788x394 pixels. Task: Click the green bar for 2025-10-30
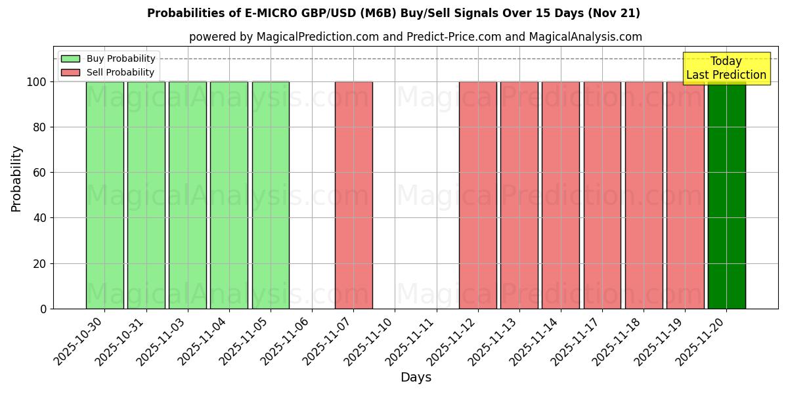[104, 195]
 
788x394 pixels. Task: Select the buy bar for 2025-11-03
[188, 195]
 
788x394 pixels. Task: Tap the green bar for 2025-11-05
[271, 195]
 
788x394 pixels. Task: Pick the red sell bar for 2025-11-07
[353, 195]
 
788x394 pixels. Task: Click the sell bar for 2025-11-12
[478, 195]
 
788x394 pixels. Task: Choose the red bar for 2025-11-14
[561, 195]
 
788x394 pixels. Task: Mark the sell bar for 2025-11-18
[644, 195]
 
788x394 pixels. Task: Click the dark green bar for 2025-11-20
[726, 195]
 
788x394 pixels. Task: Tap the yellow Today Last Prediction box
[726, 68]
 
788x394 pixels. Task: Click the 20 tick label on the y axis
[39, 264]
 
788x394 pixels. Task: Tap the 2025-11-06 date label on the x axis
[286, 340]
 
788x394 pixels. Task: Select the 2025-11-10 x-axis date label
[370, 340]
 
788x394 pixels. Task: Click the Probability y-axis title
[16, 178]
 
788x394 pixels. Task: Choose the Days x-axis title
[416, 378]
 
